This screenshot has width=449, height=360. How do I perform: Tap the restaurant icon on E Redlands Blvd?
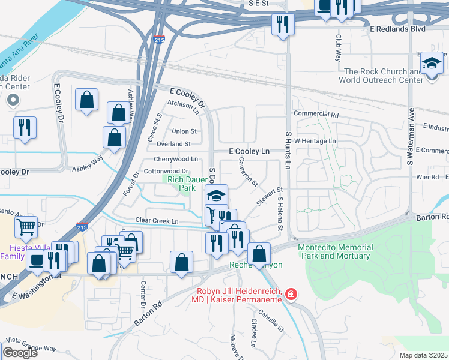(281, 25)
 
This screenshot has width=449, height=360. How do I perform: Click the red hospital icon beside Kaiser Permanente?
(291, 294)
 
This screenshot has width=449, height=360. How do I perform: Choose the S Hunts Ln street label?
(289, 150)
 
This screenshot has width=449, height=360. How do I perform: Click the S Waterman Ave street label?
(411, 137)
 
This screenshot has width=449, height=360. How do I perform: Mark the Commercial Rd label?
(316, 114)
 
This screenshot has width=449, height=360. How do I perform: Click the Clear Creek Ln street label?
(157, 221)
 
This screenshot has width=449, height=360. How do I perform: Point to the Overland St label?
(173, 144)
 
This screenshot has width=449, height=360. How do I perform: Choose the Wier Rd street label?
(427, 178)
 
